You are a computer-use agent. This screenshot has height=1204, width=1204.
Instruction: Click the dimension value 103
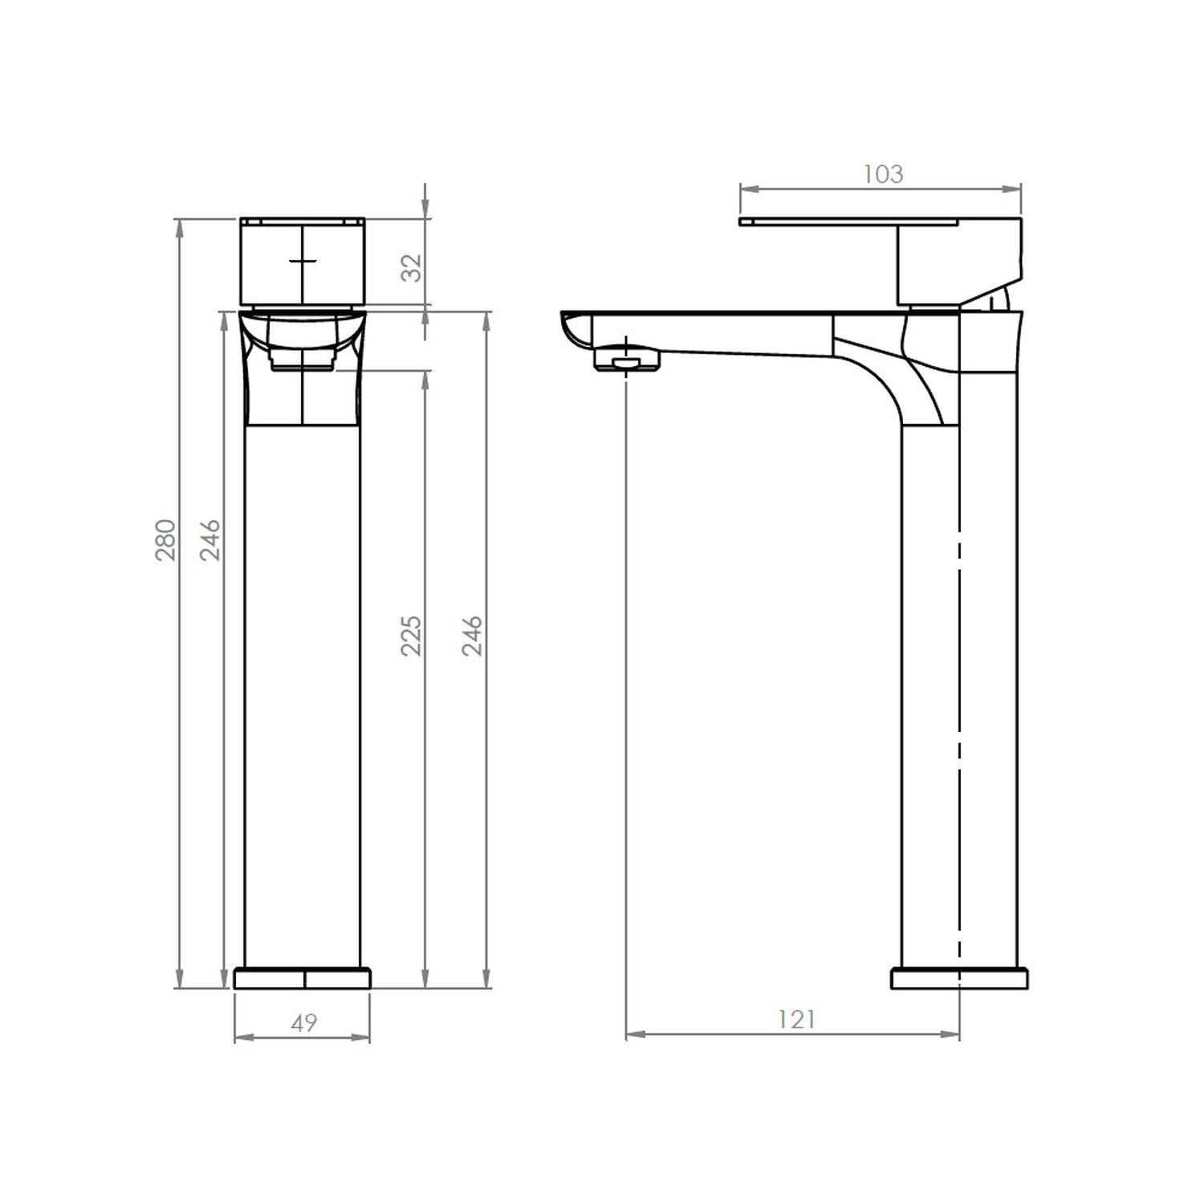point(883,174)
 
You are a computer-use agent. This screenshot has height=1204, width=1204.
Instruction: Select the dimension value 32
point(411,268)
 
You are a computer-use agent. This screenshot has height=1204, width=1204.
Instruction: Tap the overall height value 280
point(165,540)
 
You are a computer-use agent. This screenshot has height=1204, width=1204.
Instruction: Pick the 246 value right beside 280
point(209,540)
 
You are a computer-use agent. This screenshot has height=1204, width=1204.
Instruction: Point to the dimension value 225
point(411,636)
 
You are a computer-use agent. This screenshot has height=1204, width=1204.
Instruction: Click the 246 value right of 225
point(472,636)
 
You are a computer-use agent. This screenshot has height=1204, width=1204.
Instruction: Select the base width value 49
point(304,1023)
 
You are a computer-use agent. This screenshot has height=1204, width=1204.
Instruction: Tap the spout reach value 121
point(797,1019)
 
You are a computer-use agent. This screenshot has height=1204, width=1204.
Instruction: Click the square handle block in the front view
point(303,262)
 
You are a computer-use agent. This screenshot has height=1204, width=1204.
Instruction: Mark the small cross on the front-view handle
point(303,261)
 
